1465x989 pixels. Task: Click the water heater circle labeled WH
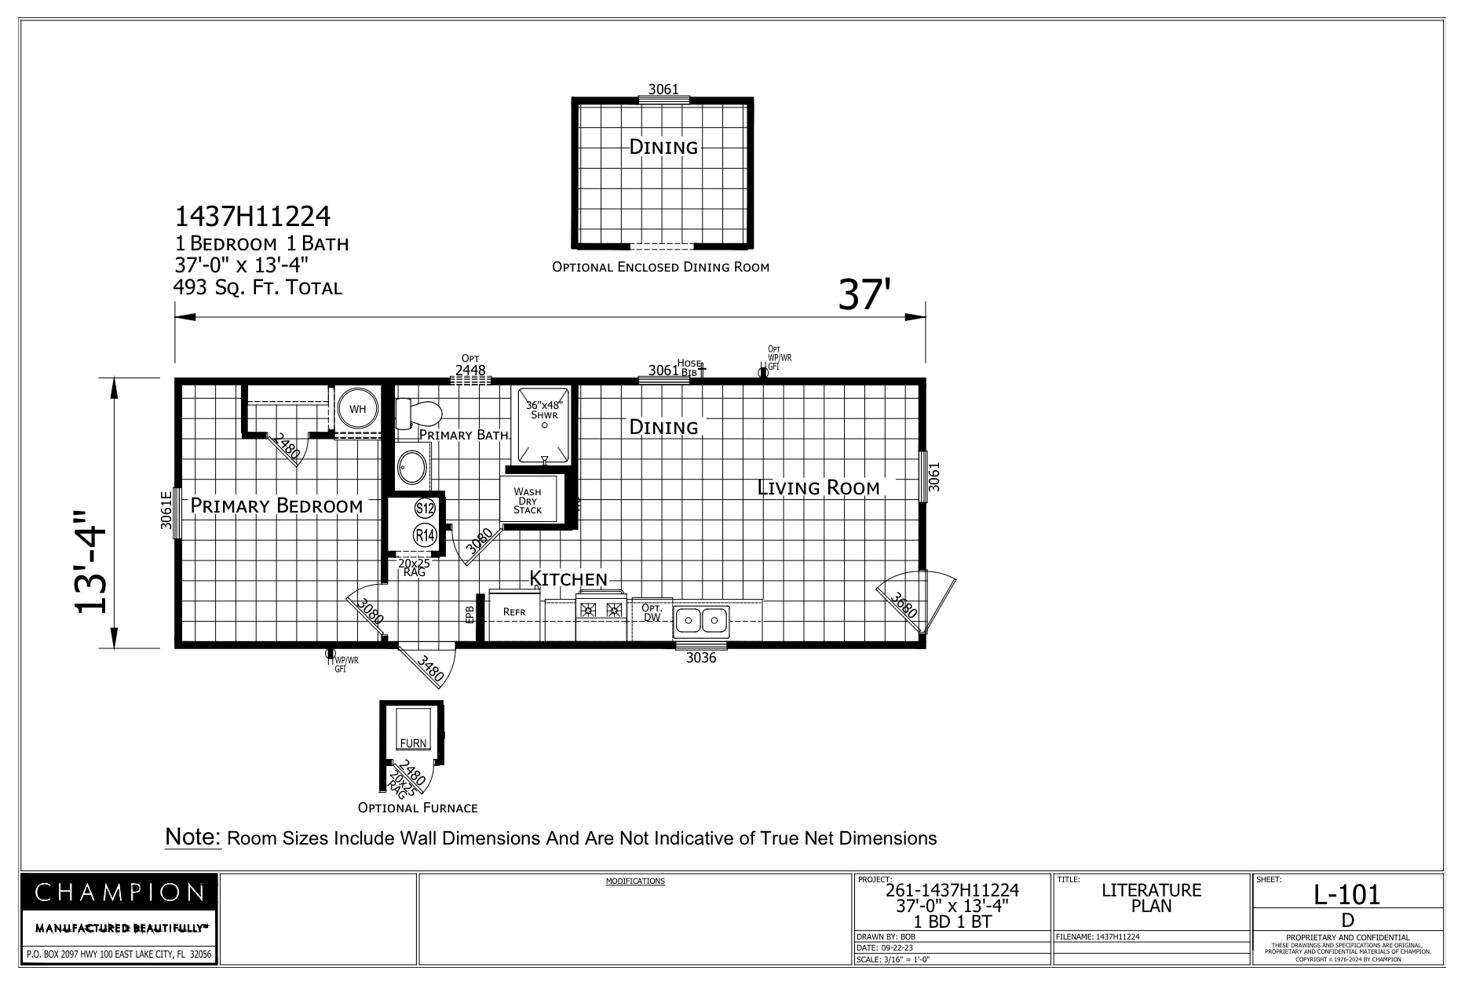coord(357,409)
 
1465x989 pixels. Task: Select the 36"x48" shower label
coord(544,410)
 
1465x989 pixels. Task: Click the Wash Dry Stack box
coord(528,500)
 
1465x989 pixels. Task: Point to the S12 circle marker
coord(425,508)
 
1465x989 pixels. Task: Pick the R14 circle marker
coord(425,536)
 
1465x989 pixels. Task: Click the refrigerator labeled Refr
coord(514,612)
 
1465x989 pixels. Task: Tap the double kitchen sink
coord(701,621)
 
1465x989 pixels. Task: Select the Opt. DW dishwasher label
coord(652,613)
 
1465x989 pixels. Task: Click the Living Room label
coord(818,487)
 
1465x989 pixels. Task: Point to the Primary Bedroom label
coord(276,505)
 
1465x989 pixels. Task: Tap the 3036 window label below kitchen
coord(701,658)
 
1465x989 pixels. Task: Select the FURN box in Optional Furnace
coord(413,743)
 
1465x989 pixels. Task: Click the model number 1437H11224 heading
coord(252,216)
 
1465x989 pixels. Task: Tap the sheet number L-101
coord(1346,894)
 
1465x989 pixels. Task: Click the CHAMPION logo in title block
coord(119,892)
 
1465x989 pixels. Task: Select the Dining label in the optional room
coord(663,147)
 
